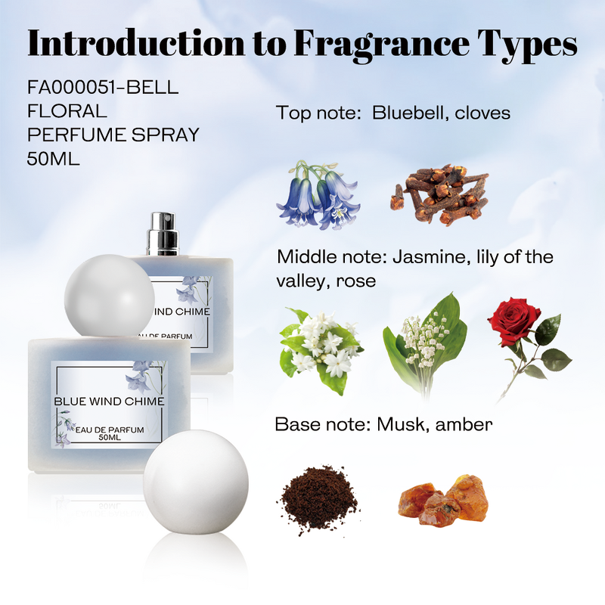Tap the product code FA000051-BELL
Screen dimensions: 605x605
[103, 88]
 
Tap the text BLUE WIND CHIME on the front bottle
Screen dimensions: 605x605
[109, 402]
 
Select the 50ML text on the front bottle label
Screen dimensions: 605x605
[109, 438]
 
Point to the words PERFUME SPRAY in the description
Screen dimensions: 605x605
[113, 135]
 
